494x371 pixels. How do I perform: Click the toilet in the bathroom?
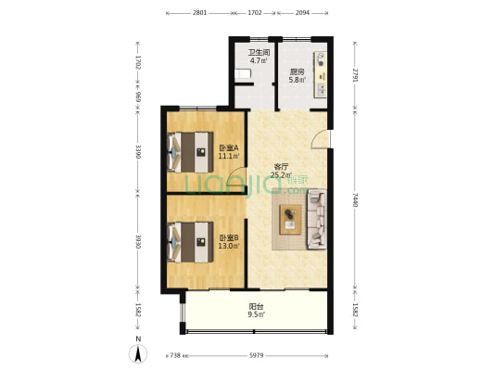(x=243, y=74)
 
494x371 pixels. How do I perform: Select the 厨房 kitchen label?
(x=297, y=72)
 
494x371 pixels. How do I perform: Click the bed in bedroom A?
(x=190, y=152)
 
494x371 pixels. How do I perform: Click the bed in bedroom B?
(x=190, y=242)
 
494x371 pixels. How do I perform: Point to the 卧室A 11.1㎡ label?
(x=229, y=151)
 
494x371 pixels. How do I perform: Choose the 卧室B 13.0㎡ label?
(x=229, y=242)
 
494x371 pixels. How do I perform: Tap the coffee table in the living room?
(x=290, y=220)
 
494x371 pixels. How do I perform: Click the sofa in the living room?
(x=317, y=219)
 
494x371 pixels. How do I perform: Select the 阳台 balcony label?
(x=256, y=306)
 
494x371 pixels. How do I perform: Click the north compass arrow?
(x=138, y=353)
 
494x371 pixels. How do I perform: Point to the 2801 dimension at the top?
(x=200, y=13)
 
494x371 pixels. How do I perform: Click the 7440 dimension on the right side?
(x=355, y=199)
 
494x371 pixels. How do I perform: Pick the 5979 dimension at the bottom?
(x=257, y=355)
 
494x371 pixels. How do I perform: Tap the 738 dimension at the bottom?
(x=175, y=355)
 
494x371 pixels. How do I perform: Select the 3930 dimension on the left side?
(x=138, y=241)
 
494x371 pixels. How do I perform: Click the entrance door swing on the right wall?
(x=320, y=139)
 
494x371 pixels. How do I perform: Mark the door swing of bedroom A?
(x=236, y=178)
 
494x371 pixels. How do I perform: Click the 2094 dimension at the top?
(x=302, y=13)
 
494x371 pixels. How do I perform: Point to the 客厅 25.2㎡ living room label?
(x=282, y=171)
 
